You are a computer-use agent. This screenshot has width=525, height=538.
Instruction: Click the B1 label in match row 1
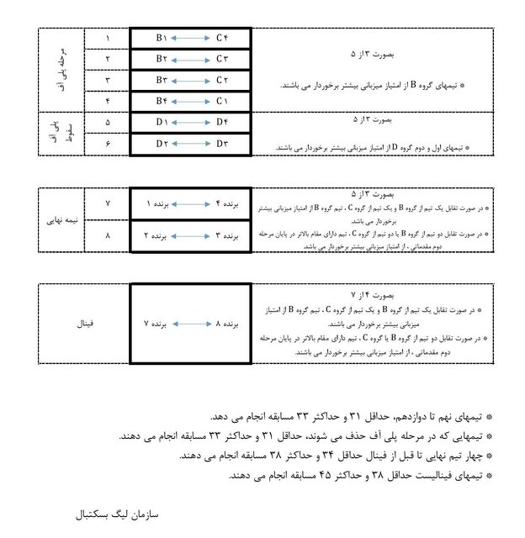tap(162, 39)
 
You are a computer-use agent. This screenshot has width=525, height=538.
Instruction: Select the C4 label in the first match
tap(221, 39)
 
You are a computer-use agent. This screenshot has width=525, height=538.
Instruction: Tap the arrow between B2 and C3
tap(191, 59)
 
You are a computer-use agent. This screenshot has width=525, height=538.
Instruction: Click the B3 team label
tap(162, 80)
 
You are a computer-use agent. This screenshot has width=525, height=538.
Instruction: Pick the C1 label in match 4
tap(221, 101)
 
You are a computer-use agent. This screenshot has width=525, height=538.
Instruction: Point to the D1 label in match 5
tap(162, 123)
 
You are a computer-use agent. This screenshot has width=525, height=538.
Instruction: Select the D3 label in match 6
tap(221, 144)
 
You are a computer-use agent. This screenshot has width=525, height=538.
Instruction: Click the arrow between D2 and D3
tap(191, 144)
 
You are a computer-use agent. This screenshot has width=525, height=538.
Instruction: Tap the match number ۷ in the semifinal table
tap(107, 204)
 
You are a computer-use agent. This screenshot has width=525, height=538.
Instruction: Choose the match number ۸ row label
tap(107, 236)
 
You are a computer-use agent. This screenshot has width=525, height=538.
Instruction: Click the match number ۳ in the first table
tap(107, 80)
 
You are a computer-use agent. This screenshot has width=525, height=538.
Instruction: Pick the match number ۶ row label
tap(107, 144)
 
